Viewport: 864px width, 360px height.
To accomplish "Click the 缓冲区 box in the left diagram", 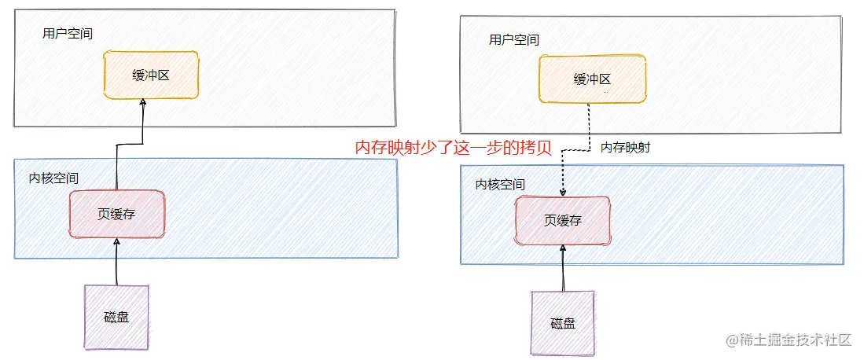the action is (x=151, y=75).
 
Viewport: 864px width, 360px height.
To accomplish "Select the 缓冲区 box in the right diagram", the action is (x=592, y=79).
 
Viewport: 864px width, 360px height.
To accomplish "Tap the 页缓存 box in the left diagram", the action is (x=117, y=214).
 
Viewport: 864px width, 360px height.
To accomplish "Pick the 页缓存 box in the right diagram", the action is (x=563, y=220).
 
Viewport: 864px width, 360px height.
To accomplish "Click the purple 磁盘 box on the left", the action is (x=116, y=317).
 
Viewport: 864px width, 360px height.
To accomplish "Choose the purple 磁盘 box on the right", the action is (x=563, y=323).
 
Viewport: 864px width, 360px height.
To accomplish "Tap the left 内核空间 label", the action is (x=53, y=178).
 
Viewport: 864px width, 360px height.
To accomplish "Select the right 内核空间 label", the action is (x=500, y=184).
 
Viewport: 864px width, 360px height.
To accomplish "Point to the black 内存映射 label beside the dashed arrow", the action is (x=625, y=147).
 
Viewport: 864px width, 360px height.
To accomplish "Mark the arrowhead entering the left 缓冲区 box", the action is (x=142, y=103).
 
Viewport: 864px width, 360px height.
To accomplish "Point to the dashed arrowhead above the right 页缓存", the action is (x=563, y=193).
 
